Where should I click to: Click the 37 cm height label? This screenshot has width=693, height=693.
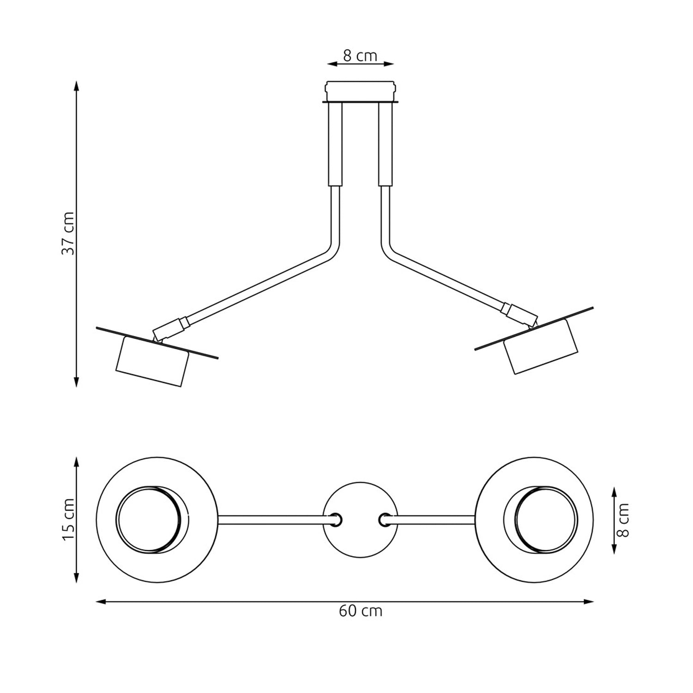pyautogui.click(x=68, y=233)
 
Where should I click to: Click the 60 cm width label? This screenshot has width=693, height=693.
pyautogui.click(x=360, y=611)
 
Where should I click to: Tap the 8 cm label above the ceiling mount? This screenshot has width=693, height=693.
pyautogui.click(x=360, y=56)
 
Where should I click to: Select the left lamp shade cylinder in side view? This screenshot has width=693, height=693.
pyautogui.click(x=152, y=360)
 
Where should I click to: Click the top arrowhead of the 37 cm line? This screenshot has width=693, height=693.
pyautogui.click(x=77, y=86)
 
